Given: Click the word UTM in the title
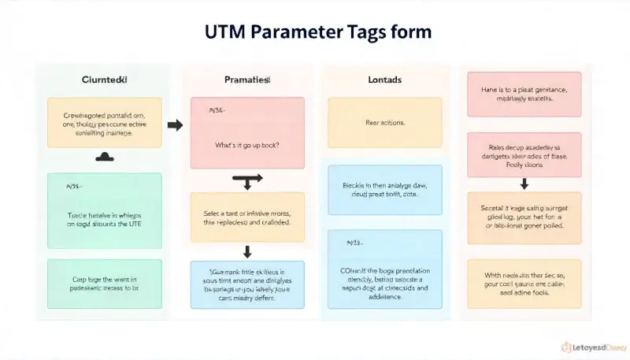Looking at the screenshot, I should (227, 32).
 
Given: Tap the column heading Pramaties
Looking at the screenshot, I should (247, 80).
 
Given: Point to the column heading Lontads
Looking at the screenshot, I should (385, 80).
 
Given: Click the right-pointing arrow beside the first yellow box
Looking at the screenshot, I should (175, 124).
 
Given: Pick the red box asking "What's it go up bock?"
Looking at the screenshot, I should (247, 132).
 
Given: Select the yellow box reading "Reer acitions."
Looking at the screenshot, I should (385, 123).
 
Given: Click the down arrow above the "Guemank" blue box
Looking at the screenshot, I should (247, 252).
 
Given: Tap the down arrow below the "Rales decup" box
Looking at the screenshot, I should (524, 184).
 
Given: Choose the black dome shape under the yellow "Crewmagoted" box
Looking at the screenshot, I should (105, 158).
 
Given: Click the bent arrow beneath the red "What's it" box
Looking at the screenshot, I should (247, 181).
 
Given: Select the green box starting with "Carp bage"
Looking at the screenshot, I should (105, 284).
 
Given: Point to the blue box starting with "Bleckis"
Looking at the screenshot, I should (385, 190).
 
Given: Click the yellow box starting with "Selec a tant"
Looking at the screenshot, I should (247, 217).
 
